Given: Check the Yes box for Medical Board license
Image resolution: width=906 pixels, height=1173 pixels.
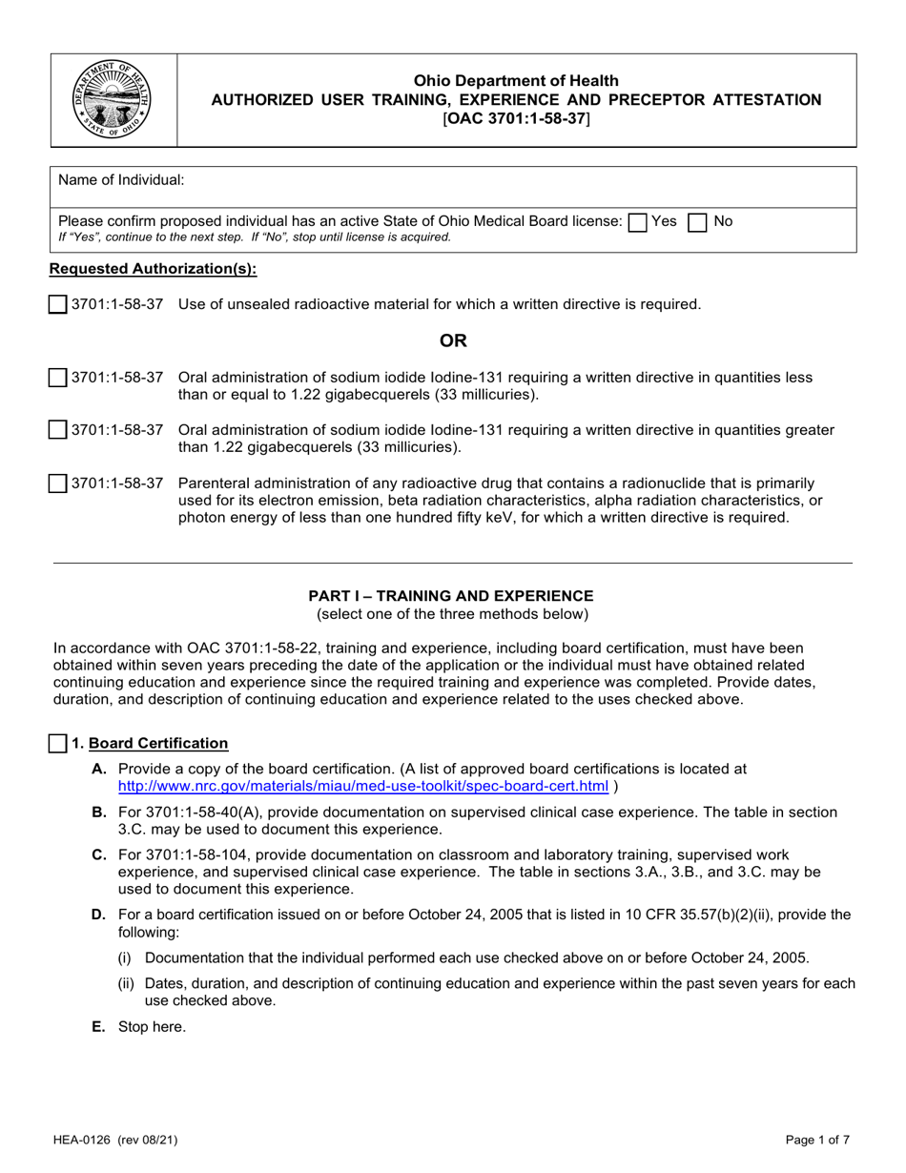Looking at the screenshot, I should [638, 222].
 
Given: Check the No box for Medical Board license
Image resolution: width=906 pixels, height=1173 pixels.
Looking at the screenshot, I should [698, 222].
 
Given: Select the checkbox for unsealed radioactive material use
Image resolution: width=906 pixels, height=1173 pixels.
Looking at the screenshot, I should [57, 305].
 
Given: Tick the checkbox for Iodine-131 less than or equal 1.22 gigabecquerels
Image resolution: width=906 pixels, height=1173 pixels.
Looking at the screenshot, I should [57, 378].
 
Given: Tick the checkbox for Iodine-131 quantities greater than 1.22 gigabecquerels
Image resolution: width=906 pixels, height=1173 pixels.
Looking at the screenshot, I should [57, 431].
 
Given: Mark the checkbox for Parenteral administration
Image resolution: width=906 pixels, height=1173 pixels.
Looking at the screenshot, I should [57, 484].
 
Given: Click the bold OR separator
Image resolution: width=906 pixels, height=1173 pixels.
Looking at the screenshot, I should [452, 340].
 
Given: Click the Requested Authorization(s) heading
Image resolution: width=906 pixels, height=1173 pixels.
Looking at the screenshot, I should [153, 269].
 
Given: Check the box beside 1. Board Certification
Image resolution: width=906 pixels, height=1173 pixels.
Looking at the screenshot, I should [57, 743].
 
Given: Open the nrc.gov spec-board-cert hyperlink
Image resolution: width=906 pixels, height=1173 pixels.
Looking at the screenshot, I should [362, 786].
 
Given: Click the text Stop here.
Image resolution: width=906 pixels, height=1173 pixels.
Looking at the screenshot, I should [152, 1027].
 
